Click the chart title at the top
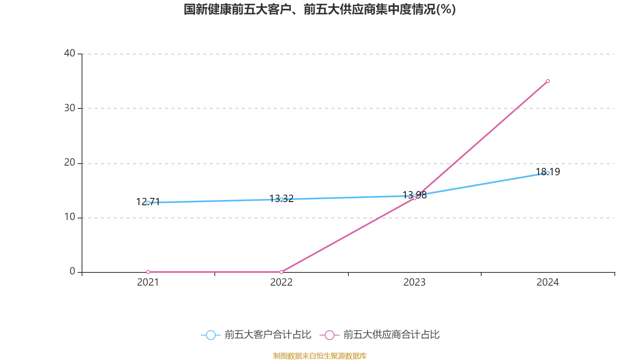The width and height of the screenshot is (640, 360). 320,9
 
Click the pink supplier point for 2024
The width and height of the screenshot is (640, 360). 548,81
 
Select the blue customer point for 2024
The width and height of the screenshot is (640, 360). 548,173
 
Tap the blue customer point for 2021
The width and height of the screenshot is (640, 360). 148,203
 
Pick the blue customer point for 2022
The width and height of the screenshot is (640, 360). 281,199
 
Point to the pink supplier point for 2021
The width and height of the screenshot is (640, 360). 148,272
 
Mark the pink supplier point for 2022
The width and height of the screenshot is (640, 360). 281,272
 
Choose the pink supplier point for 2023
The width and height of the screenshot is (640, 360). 414,198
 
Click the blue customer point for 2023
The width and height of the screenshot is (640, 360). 414,196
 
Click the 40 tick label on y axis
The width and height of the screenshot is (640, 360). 70,53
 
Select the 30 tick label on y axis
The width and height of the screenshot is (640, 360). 70,108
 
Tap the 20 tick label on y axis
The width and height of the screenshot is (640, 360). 70,162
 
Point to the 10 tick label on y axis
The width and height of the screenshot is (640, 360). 70,217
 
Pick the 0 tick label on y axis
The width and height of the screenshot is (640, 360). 72,272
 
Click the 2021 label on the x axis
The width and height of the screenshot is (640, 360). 148,282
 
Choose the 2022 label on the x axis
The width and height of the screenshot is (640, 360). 281,282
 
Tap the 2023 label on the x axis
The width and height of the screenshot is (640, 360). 414,282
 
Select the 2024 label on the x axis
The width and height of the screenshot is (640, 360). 548,282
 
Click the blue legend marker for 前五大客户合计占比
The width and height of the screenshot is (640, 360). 210,335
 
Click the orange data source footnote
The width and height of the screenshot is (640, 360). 320,356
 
